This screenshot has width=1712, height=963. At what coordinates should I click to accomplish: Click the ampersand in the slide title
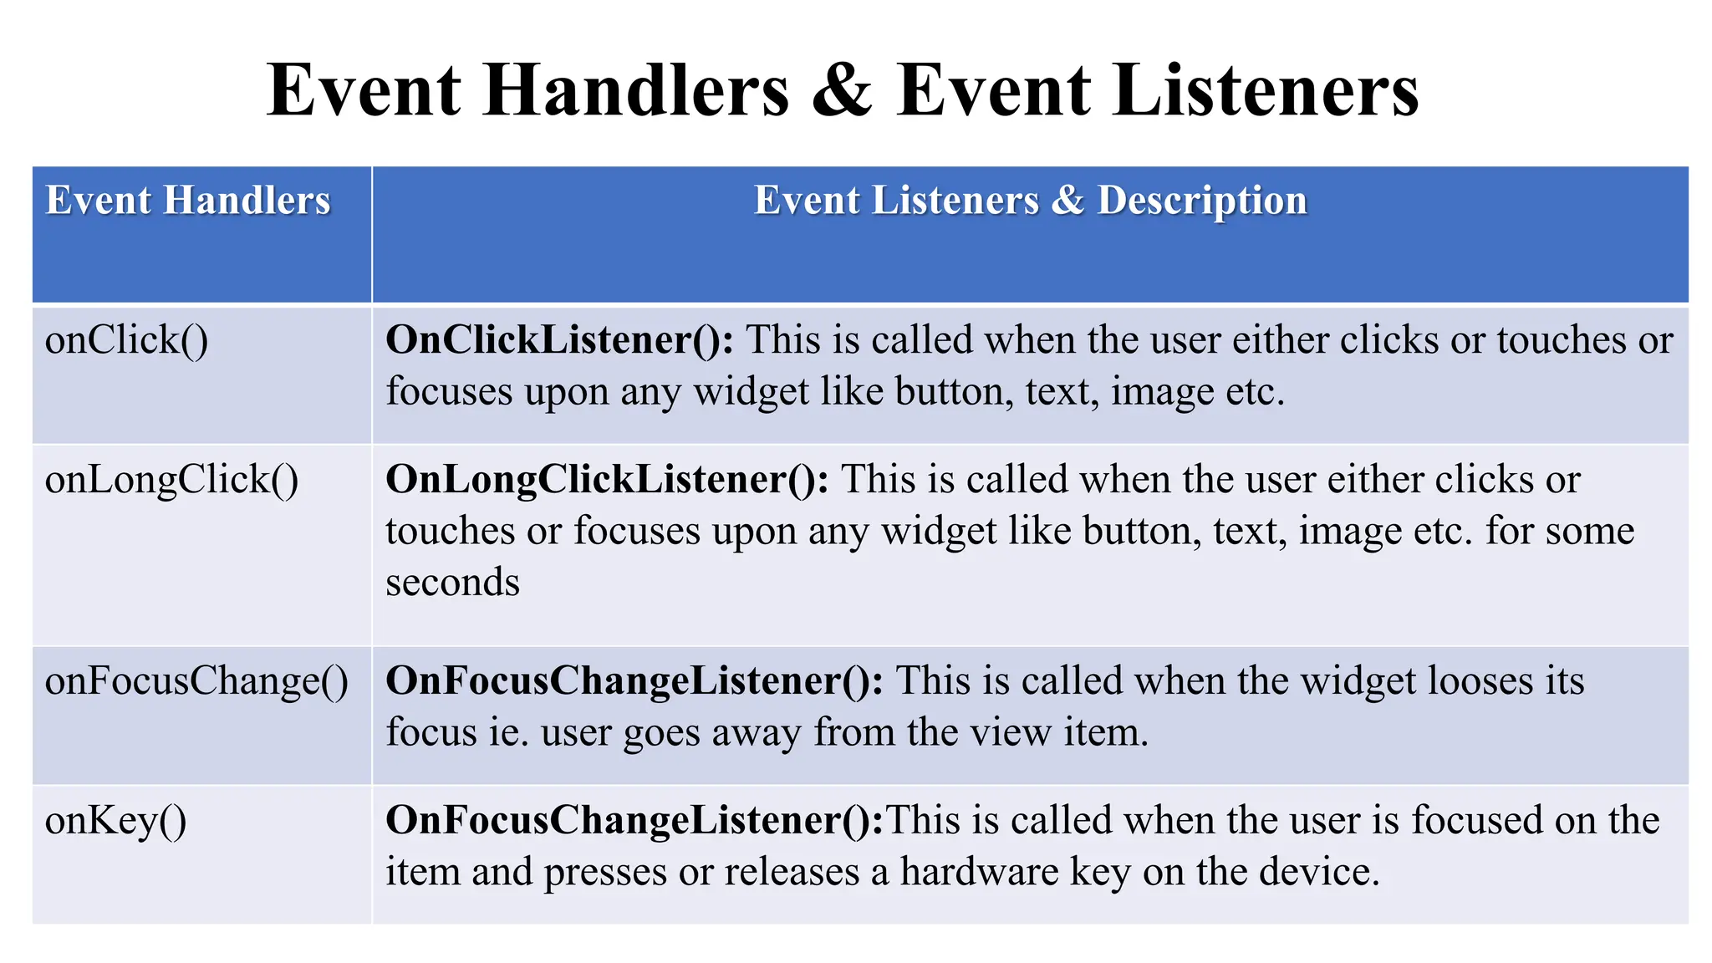pyautogui.click(x=842, y=90)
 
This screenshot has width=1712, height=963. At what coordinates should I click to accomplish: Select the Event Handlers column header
pyautogui.click(x=188, y=201)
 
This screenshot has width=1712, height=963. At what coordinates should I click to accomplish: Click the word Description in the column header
pyautogui.click(x=1202, y=201)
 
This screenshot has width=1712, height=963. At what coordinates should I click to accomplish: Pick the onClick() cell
pyautogui.click(x=127, y=341)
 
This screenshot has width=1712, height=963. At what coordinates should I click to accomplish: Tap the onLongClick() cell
pyautogui.click(x=171, y=481)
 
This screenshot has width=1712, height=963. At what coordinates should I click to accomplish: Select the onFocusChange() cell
pyautogui.click(x=196, y=681)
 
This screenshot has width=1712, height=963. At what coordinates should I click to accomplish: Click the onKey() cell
pyautogui.click(x=115, y=821)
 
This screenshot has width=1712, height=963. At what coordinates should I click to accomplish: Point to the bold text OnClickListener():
pyautogui.click(x=559, y=340)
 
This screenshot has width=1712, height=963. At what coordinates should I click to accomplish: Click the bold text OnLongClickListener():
pyautogui.click(x=607, y=480)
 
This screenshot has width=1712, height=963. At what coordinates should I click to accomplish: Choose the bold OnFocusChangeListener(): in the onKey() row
pyautogui.click(x=634, y=820)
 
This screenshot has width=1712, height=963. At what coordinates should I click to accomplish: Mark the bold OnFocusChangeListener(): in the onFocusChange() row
pyautogui.click(x=634, y=680)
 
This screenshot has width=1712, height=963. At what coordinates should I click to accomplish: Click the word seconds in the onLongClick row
pyautogui.click(x=452, y=583)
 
